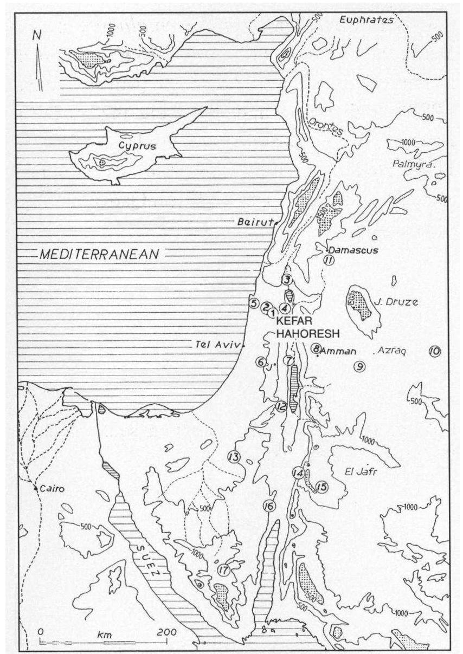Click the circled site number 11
(x=327, y=261)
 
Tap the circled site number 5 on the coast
(x=253, y=303)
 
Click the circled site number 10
(x=434, y=351)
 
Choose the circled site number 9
(x=359, y=367)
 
